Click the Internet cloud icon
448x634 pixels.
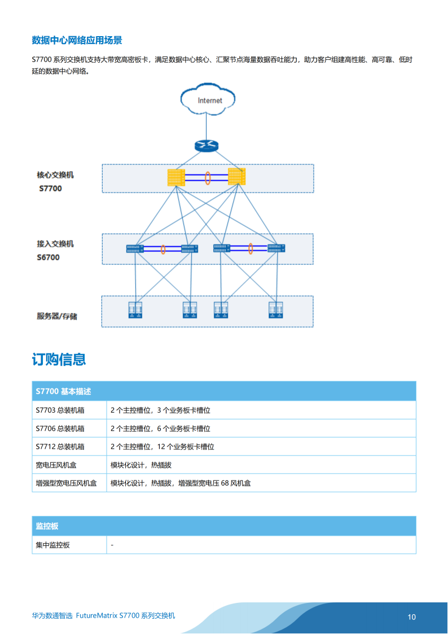point(208,99)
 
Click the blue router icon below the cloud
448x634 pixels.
point(206,146)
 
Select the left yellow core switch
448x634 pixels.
point(176,177)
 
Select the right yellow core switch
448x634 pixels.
point(236,177)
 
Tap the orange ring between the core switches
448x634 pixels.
point(208,178)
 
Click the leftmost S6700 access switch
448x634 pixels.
point(135,248)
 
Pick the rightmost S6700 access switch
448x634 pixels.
point(276,248)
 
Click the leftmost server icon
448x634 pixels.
point(135,310)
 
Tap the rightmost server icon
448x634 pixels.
point(275,310)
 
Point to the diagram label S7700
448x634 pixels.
point(50,189)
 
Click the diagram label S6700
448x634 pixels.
point(49,257)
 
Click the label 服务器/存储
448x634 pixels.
point(57,316)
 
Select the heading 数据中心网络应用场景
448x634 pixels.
point(77,40)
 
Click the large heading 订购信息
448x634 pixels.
point(59,359)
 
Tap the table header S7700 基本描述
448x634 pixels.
point(63,391)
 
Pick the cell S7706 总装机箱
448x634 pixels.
point(60,429)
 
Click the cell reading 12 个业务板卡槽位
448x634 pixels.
point(186,447)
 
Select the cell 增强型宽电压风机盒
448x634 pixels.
point(66,483)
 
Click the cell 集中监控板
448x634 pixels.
point(52,545)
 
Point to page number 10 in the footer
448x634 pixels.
point(411,617)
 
